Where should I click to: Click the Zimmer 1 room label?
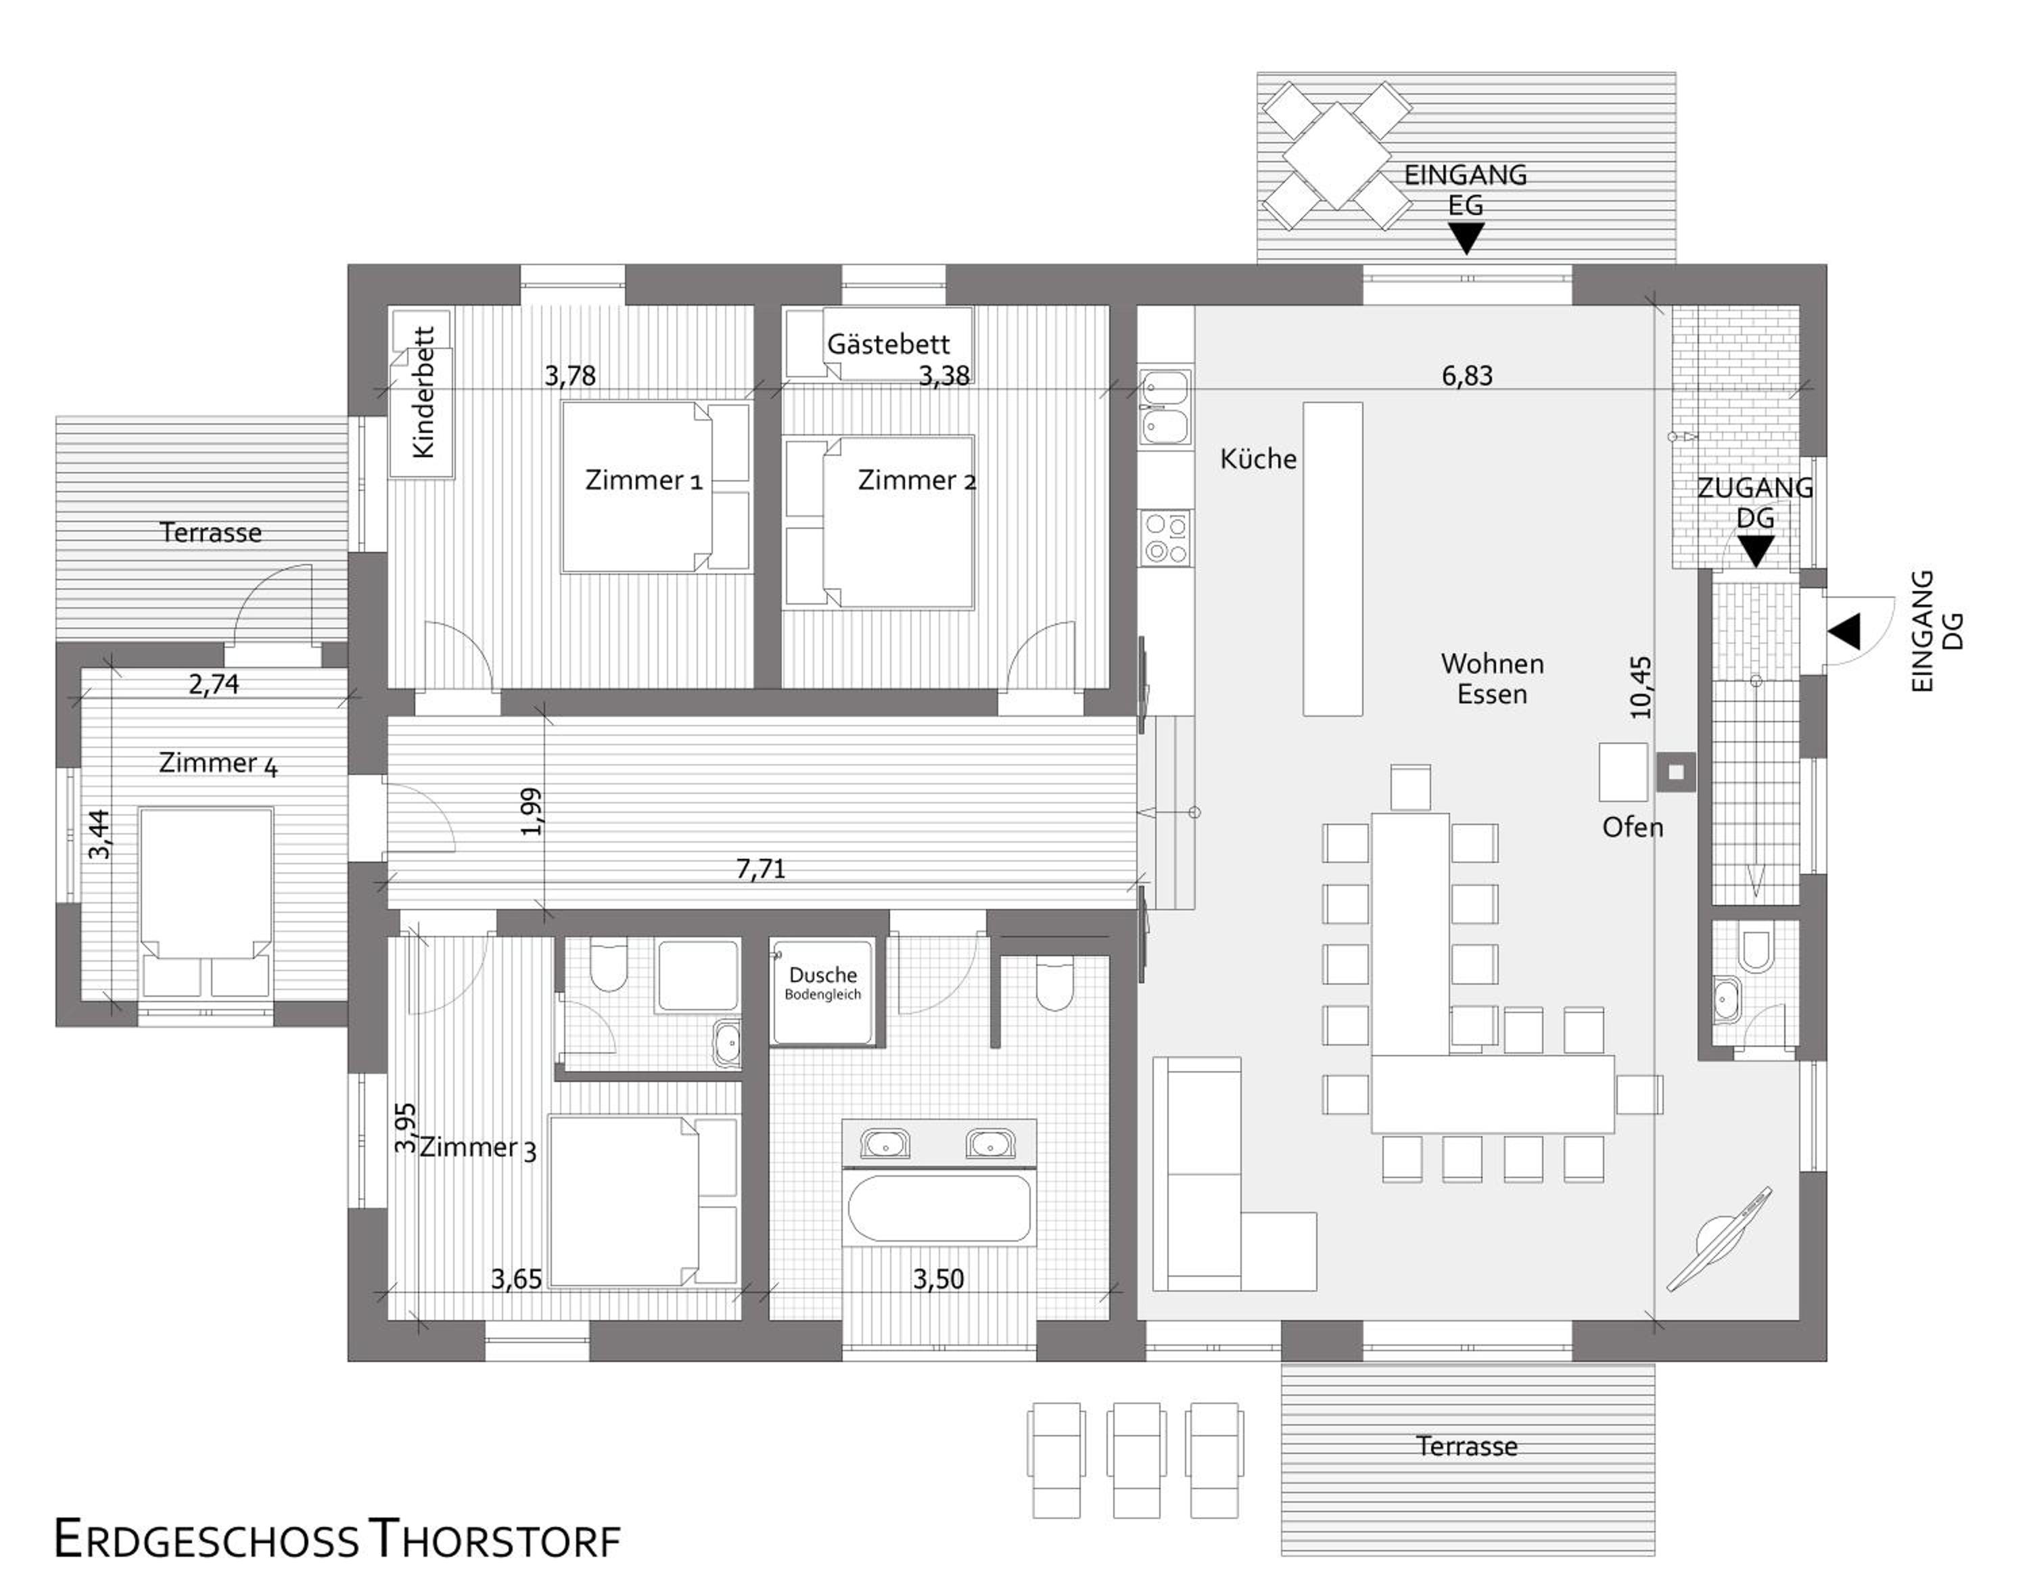(x=643, y=480)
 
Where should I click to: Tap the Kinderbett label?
(x=423, y=392)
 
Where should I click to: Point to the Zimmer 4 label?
(x=218, y=764)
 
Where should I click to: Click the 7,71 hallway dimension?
(x=761, y=869)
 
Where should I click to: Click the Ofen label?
(x=1633, y=828)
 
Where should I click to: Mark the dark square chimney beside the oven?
(x=1677, y=772)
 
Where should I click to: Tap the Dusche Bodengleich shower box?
(x=823, y=991)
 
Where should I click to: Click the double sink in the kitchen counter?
(x=1165, y=406)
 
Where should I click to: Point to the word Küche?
(x=1258, y=459)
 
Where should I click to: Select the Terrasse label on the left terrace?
(x=210, y=533)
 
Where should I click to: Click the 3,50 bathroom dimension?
(x=938, y=1280)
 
